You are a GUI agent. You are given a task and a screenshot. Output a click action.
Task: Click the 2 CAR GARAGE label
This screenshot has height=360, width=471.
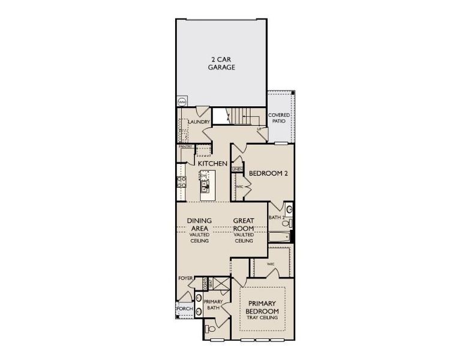[221, 64]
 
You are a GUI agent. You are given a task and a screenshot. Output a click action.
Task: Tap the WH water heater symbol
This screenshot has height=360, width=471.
[181, 101]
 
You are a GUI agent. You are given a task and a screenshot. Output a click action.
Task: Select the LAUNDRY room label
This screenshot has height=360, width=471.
[198, 122]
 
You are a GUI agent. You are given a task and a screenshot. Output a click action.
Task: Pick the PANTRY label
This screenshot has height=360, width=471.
[185, 146]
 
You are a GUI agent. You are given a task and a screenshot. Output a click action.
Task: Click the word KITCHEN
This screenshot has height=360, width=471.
[212, 163]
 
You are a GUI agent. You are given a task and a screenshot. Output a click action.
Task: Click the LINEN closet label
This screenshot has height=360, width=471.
[238, 170]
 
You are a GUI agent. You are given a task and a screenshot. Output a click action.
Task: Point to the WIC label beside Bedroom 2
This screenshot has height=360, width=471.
[239, 187]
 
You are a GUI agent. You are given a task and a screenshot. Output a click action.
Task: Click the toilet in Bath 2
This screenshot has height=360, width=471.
[287, 223]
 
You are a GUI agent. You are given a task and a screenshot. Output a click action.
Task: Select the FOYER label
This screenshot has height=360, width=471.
[185, 278]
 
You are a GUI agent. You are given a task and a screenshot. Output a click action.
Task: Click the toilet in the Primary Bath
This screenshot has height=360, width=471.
[209, 329]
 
